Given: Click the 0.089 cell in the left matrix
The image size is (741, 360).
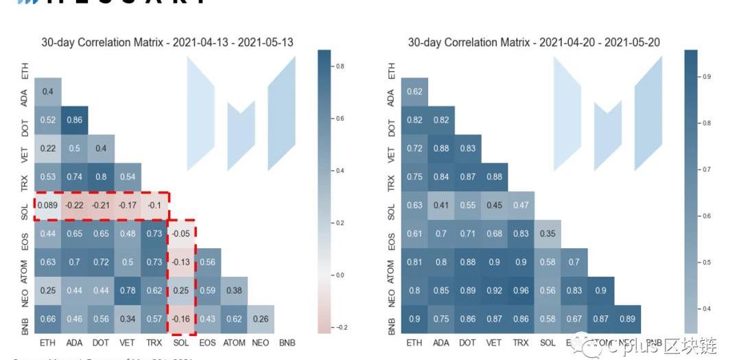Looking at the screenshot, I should (48, 205).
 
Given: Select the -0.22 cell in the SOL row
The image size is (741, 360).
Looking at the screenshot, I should (75, 205).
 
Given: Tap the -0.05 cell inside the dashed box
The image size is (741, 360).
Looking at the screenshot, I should (182, 233).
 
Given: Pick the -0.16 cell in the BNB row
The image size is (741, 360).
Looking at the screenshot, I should (182, 319).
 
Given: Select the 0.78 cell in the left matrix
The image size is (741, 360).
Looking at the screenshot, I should (128, 290).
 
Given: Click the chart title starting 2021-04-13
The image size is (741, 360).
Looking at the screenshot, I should (167, 43).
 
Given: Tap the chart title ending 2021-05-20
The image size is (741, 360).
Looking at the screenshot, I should (534, 43).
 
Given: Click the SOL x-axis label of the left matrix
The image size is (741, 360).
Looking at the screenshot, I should (182, 341).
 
